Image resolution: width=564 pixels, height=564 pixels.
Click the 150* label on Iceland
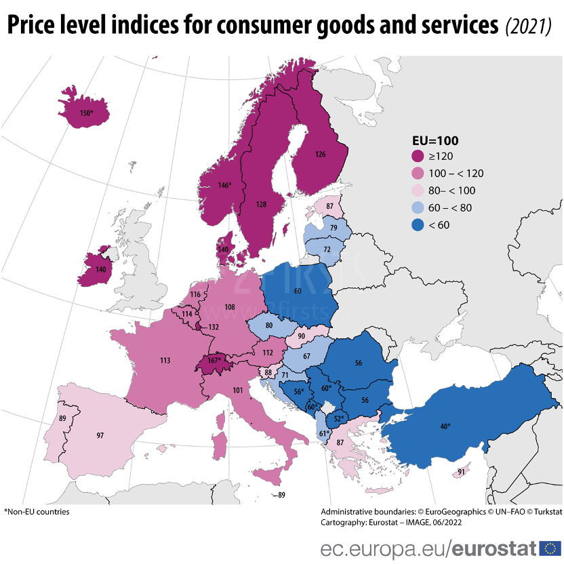(x=86, y=113)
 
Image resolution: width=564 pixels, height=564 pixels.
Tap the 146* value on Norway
(x=224, y=185)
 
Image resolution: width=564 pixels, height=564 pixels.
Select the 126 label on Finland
(x=320, y=155)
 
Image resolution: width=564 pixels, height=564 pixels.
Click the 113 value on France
(x=165, y=361)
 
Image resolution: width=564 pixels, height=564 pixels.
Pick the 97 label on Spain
(x=100, y=435)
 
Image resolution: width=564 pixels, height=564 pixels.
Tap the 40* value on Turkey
(x=445, y=426)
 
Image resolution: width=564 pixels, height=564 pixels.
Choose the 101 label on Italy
(x=237, y=390)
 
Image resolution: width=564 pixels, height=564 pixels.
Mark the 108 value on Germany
(x=230, y=307)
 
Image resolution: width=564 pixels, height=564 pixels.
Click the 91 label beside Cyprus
(x=461, y=472)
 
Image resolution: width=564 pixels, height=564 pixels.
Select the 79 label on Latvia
(x=333, y=228)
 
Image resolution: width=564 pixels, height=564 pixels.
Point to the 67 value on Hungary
(x=306, y=357)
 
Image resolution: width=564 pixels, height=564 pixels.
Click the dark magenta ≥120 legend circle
(x=418, y=157)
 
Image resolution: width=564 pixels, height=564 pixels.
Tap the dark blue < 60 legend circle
(x=418, y=225)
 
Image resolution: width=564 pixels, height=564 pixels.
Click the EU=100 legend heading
(x=435, y=141)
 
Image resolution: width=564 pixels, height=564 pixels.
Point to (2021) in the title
(x=528, y=26)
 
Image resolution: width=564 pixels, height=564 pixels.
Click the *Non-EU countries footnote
(x=37, y=512)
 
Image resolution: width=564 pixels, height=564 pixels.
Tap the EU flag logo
(x=550, y=548)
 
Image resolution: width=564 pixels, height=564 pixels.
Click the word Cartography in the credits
(x=341, y=522)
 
